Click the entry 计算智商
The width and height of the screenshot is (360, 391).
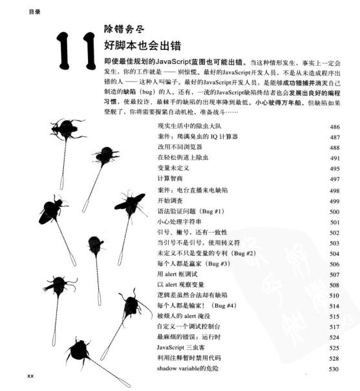(171, 178)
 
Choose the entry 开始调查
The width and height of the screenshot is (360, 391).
(171, 202)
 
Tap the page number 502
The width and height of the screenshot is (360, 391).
(334, 233)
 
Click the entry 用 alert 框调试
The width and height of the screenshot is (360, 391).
(179, 274)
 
